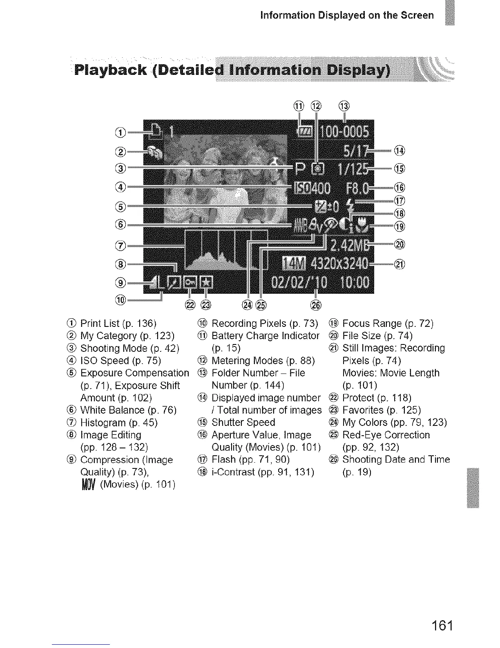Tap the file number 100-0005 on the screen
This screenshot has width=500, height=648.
click(x=344, y=132)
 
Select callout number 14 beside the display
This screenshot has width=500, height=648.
click(x=399, y=151)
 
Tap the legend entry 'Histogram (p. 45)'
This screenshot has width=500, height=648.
click(x=118, y=423)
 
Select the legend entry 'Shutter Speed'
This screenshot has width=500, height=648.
click(x=243, y=423)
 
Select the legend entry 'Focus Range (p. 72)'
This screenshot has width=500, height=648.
click(x=388, y=324)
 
